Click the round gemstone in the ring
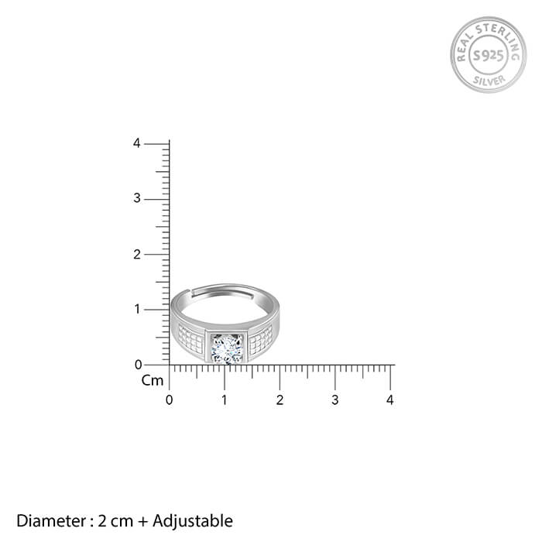(x=227, y=349)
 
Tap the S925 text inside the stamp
(x=488, y=55)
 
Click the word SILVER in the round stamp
(x=489, y=81)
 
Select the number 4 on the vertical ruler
(x=137, y=143)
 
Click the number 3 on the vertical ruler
(x=137, y=198)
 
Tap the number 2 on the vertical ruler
(x=137, y=255)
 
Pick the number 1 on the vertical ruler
(x=137, y=309)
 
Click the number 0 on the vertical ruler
(x=139, y=365)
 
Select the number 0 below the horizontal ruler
(x=169, y=400)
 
